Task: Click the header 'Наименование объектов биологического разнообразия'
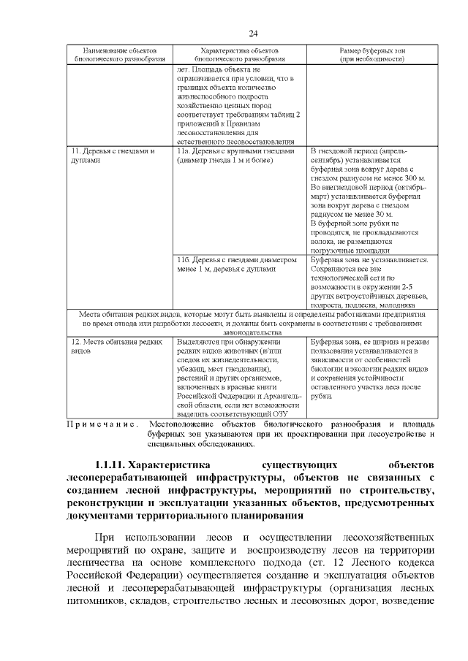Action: click(x=116, y=53)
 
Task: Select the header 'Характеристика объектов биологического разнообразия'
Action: click(x=239, y=53)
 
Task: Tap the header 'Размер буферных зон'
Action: click(x=371, y=53)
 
